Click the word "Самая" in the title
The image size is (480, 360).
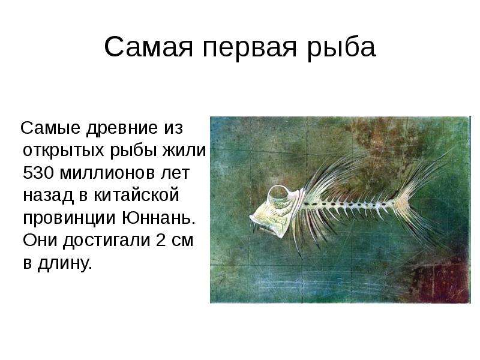click(x=149, y=47)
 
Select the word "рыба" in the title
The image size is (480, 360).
click(x=341, y=47)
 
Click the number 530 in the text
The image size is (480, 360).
click(x=38, y=173)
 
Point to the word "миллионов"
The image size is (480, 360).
click(x=107, y=173)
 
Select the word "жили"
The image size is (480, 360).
click(x=184, y=151)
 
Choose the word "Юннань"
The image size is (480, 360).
click(x=158, y=217)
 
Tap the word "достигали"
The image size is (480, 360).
click(x=107, y=241)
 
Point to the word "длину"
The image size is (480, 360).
click(x=65, y=263)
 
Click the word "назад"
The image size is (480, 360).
click(x=49, y=196)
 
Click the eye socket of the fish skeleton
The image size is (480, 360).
click(x=280, y=194)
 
